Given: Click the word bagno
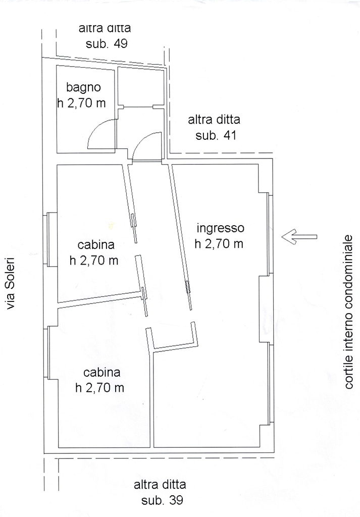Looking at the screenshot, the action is [83, 88].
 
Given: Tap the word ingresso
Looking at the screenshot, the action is [221, 229].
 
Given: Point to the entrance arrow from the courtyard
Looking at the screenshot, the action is [299, 237].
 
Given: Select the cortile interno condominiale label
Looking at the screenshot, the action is [348, 312].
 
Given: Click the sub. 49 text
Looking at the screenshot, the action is [107, 44].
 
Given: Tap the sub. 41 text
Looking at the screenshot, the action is [216, 135].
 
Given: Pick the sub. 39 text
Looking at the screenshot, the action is [162, 500].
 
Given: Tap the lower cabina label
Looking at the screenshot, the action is [102, 373].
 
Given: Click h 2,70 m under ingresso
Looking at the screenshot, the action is [219, 244].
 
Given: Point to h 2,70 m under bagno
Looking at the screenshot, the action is [81, 103].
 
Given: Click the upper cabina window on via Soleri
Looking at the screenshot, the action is [50, 239].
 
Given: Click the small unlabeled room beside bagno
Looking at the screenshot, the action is [141, 87].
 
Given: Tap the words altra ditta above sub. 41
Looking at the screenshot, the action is [214, 119].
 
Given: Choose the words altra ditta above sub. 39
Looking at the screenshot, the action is [160, 485].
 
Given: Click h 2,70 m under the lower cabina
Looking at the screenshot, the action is [99, 388].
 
